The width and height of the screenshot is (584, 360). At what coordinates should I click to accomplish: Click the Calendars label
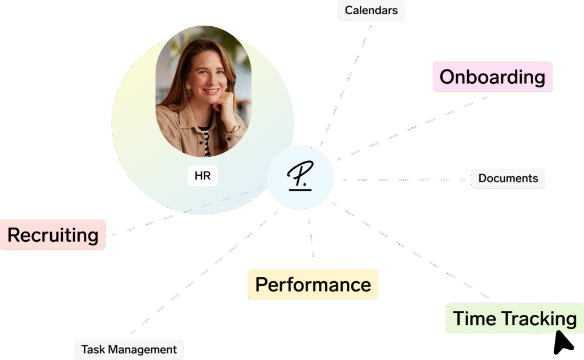pos(371,11)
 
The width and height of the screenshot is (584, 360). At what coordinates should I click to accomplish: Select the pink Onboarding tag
pos(492,77)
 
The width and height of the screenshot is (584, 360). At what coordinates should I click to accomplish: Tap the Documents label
pos(508,179)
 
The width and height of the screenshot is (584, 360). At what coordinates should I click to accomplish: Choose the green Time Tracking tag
pos(514,318)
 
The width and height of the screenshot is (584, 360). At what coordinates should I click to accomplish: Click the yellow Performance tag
pos(313,284)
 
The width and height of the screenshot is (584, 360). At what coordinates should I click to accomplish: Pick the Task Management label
pos(129,349)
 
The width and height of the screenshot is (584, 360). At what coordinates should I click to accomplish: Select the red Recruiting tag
pos(53,234)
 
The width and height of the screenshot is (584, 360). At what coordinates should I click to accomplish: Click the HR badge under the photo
pos(202,176)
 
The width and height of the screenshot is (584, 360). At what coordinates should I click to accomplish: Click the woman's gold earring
pos(188,90)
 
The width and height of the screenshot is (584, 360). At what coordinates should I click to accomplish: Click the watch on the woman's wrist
pos(234,129)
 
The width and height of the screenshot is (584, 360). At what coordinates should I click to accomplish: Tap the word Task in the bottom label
pos(92,349)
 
